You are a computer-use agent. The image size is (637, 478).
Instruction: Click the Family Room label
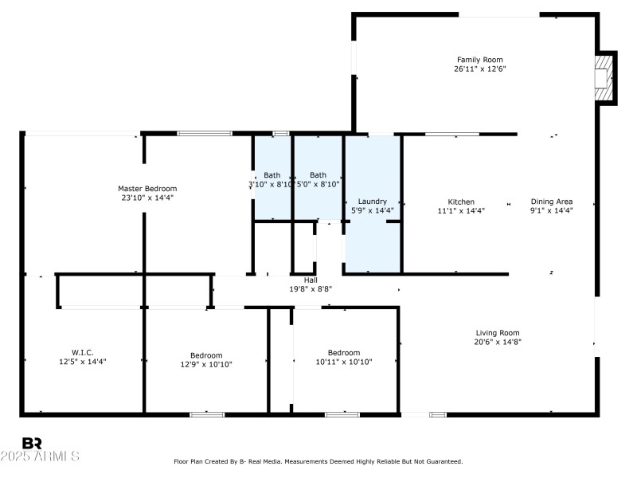479,60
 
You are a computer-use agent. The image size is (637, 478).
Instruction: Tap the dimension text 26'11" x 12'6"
479,69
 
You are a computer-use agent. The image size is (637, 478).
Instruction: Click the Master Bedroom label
147,189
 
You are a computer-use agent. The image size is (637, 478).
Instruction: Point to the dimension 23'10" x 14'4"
147,198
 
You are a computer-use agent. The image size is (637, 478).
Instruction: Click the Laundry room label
372,202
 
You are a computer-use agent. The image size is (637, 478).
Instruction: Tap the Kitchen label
461,202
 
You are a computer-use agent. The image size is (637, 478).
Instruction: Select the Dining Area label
552,202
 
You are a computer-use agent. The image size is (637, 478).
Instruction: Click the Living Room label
498,333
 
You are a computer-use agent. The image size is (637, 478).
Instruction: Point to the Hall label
311,280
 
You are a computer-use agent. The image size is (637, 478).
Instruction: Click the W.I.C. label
83,352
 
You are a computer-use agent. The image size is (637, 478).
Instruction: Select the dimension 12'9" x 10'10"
206,364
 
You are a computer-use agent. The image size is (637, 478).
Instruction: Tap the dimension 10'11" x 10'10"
344,362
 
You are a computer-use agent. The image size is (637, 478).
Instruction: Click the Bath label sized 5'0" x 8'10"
318,175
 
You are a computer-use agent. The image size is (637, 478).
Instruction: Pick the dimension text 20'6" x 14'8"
498,342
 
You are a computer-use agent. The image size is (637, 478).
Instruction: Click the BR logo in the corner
32,443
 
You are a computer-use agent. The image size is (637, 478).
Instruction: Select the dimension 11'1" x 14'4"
461,211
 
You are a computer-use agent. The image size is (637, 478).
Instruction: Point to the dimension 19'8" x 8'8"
311,289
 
